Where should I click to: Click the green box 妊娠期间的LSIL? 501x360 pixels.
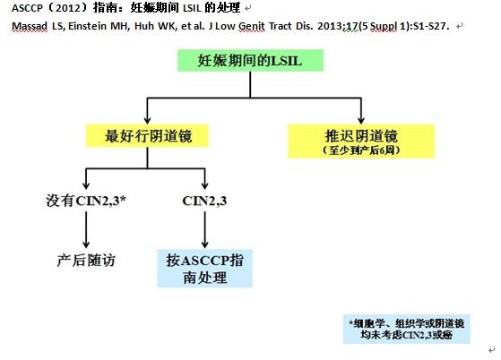point(250,60)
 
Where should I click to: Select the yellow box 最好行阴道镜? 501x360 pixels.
point(147,136)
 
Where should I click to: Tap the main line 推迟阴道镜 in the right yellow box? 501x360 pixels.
point(361,135)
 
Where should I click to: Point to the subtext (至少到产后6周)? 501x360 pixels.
point(361,150)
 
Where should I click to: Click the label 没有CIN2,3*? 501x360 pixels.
point(86,201)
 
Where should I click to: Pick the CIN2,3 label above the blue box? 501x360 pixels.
point(204,201)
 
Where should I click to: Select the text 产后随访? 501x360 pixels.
point(86,260)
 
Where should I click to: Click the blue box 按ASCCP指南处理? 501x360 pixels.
point(204,269)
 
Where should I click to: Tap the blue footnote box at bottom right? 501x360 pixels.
point(406,329)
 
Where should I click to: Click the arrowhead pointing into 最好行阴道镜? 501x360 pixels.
point(147,120)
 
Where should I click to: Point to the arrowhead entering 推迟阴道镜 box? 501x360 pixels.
point(361,120)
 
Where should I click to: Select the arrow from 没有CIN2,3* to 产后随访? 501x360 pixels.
point(86,229)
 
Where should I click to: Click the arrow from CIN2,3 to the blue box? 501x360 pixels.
point(205,229)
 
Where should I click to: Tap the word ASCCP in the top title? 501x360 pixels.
point(27,8)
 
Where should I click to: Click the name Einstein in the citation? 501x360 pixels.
point(87,26)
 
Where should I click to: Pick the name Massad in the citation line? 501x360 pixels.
point(30,26)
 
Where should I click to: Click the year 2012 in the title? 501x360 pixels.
point(68,8)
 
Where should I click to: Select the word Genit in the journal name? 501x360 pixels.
point(252,26)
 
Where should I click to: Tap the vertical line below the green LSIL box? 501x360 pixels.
point(250,84)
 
